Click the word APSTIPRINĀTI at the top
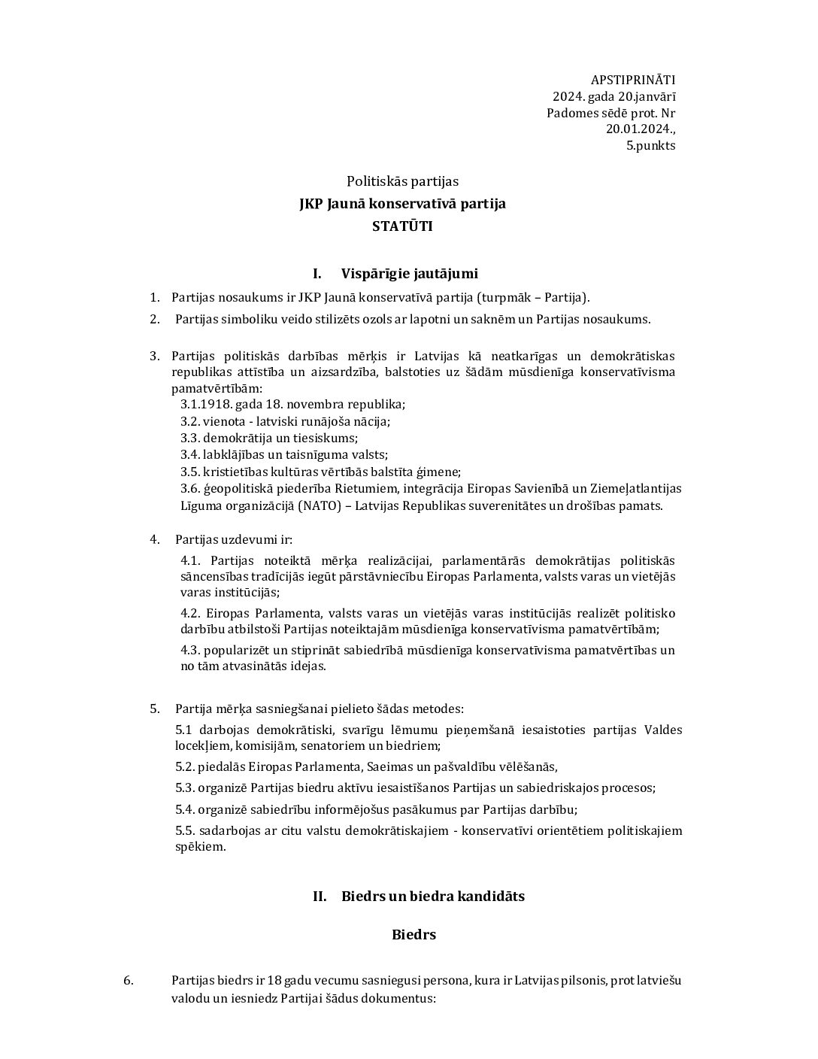tap(633, 80)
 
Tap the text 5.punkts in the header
tap(650, 146)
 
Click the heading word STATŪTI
tap(402, 226)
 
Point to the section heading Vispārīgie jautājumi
tap(409, 273)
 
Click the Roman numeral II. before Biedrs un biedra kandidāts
tap(320, 896)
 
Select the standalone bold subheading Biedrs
tap(414, 935)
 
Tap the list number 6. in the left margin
tap(129, 981)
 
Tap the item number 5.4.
tap(184, 809)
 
